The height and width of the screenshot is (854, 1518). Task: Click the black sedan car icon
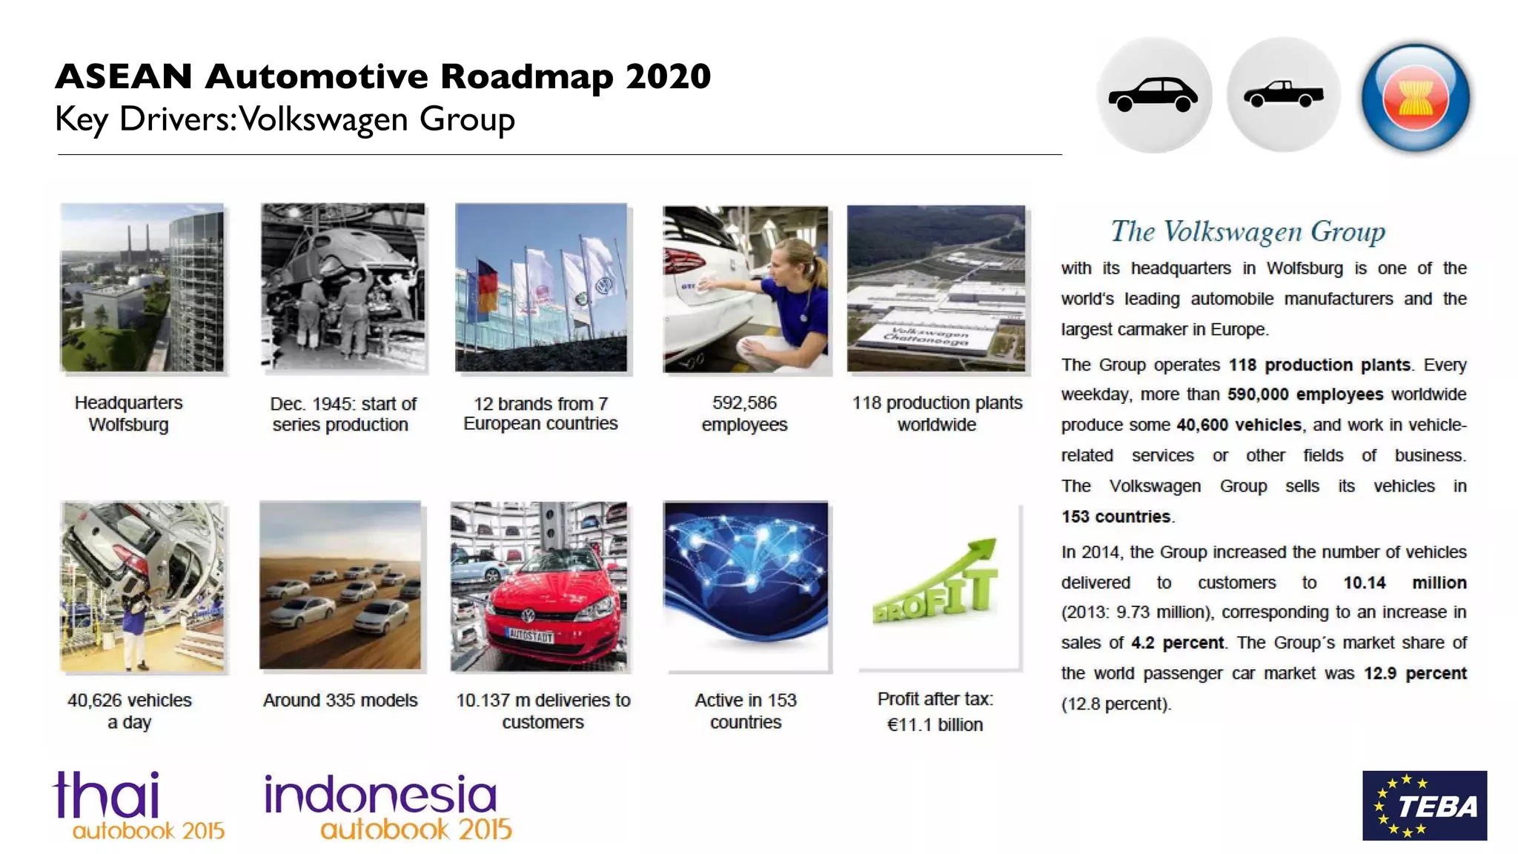[1153, 95]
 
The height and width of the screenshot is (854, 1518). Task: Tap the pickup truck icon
[1283, 95]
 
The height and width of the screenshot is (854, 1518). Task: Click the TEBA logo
[1424, 805]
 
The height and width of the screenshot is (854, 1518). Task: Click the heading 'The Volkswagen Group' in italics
[1247, 231]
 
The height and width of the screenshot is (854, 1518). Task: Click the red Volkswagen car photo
[540, 586]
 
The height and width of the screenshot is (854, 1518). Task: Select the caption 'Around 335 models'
[340, 700]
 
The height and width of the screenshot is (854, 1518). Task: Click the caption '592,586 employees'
[744, 414]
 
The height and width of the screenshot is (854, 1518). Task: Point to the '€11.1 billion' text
[935, 724]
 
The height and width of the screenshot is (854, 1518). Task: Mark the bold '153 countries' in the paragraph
[1116, 517]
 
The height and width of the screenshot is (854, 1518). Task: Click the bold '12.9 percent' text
[1415, 673]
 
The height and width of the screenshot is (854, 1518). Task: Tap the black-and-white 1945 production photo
[343, 288]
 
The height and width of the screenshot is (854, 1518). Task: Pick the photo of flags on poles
[541, 288]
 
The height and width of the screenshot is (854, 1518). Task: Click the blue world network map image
[746, 586]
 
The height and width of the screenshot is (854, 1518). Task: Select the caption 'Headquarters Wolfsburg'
[128, 414]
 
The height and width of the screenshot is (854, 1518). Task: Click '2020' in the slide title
[668, 76]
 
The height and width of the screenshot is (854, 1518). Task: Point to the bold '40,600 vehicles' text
[1239, 425]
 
